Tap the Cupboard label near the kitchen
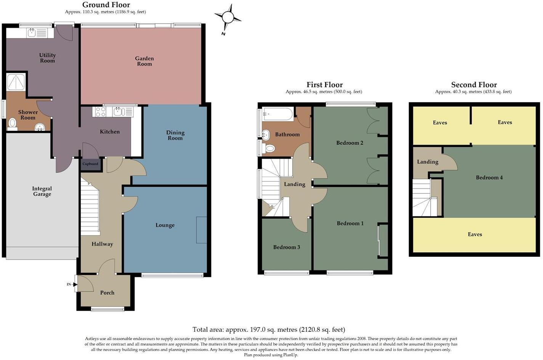tap(90, 164)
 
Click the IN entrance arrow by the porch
tap(70, 284)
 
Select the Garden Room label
tap(144, 61)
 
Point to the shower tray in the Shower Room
tap(16, 82)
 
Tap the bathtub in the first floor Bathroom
tap(277, 114)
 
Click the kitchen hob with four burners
tap(101, 112)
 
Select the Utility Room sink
tap(31, 33)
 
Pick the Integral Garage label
tap(42, 191)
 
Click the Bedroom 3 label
tap(287, 247)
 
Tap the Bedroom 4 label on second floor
tap(489, 177)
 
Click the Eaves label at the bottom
tap(475, 234)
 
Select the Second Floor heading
tap(474, 85)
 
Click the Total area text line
tap(269, 329)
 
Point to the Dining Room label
tap(175, 135)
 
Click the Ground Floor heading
tap(106, 5)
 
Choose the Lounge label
tap(165, 225)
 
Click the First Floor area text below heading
tap(324, 92)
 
